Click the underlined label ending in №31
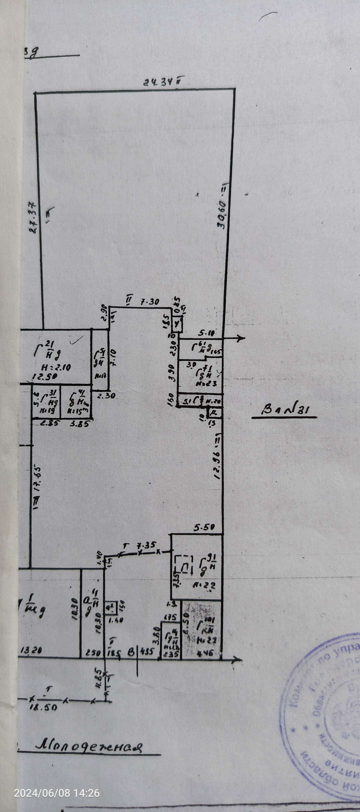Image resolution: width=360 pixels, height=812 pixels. coord(284,411)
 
